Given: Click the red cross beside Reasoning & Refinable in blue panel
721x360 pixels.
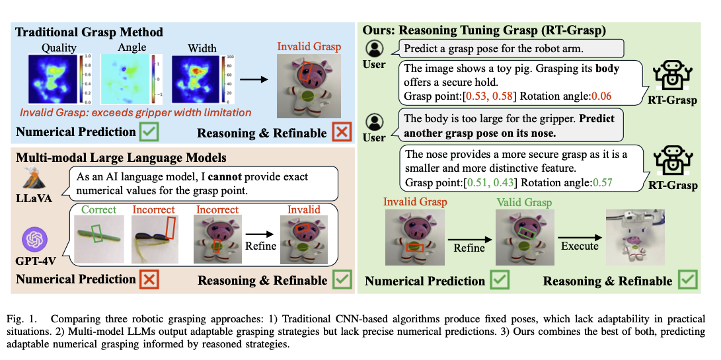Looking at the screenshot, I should [x=341, y=133].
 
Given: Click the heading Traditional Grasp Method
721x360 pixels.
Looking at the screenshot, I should [x=89, y=32].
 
